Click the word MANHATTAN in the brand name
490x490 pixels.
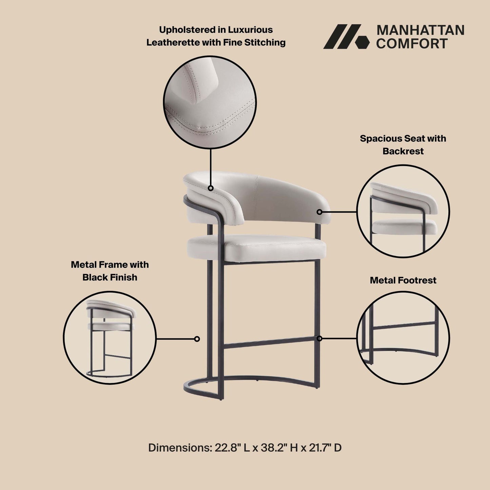click(x=420, y=30)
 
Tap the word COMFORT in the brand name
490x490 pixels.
click(x=412, y=43)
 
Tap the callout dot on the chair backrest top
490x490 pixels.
click(x=211, y=188)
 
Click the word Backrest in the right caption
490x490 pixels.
click(x=403, y=151)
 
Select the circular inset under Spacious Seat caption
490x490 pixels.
click(x=403, y=211)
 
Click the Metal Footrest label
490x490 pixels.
click(x=403, y=280)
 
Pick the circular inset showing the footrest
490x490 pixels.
click(x=403, y=338)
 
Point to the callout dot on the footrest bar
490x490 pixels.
click(x=319, y=338)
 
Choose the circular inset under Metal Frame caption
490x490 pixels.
click(x=110, y=338)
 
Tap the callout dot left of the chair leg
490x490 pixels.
click(x=197, y=339)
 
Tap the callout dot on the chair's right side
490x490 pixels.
click(x=319, y=212)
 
